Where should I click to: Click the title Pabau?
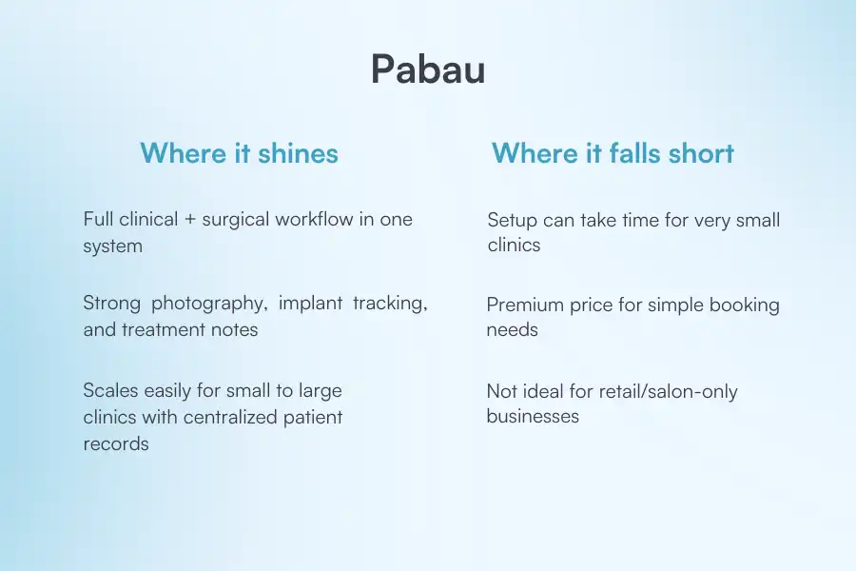[427, 69]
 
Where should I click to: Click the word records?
[116, 443]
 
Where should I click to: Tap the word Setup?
[513, 220]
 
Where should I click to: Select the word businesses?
[533, 417]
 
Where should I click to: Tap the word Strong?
[111, 304]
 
